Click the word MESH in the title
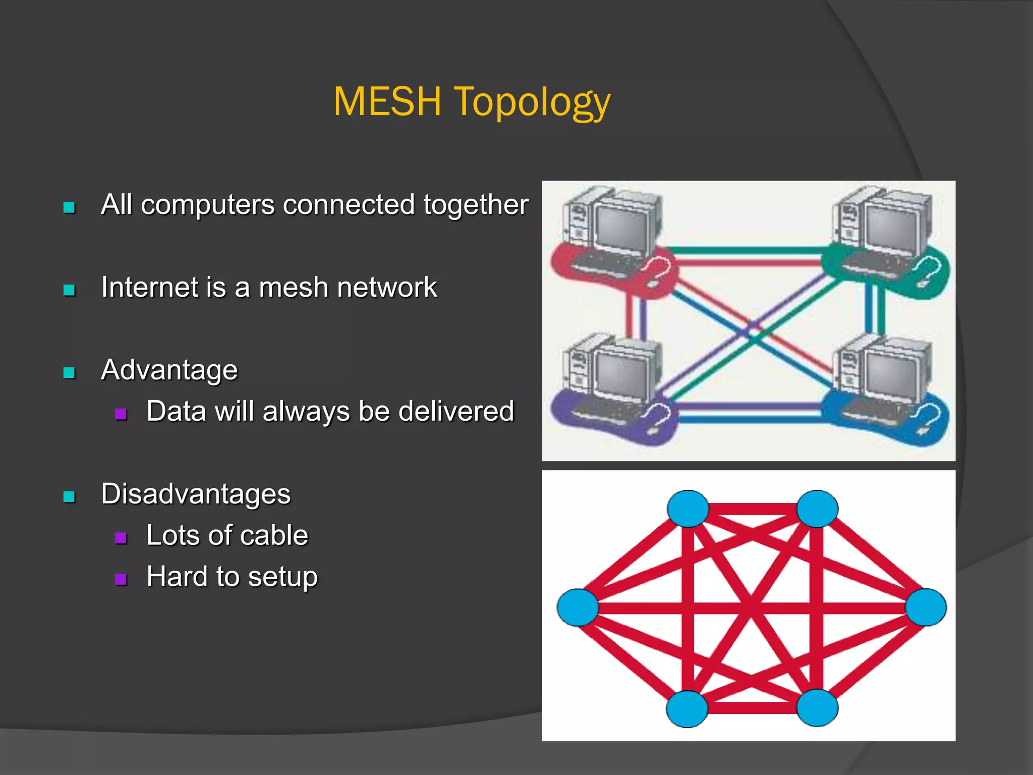(387, 101)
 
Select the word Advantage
(169, 370)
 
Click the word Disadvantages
(196, 493)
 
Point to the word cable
(276, 535)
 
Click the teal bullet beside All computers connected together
(69, 207)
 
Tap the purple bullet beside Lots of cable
(121, 538)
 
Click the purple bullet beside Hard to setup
(121, 579)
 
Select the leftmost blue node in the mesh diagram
(578, 607)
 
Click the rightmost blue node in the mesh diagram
(926, 607)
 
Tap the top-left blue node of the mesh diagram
(688, 509)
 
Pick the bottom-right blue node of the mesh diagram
(817, 708)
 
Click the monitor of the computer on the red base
(621, 227)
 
